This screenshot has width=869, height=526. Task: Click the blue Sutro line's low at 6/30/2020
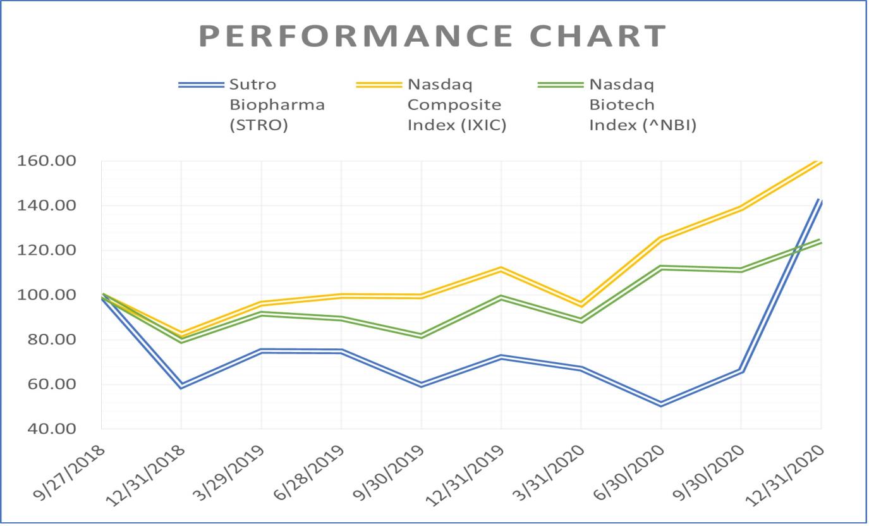(x=661, y=404)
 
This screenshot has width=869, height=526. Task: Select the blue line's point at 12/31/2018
(x=181, y=386)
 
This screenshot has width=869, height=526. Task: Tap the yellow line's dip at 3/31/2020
(x=581, y=304)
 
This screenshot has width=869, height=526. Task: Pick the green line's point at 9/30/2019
(x=422, y=336)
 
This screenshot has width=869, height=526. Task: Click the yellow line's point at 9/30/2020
(x=741, y=207)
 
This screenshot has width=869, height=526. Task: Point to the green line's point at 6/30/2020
(x=661, y=267)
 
